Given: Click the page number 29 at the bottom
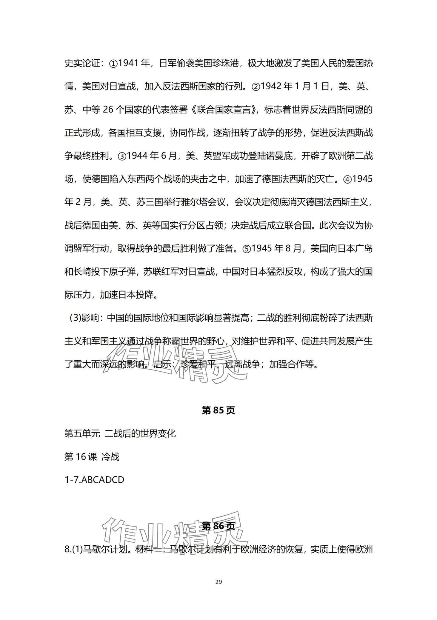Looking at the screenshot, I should point(219,582).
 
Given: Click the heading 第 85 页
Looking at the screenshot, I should point(219,410).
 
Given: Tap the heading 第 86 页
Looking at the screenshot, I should point(219,526).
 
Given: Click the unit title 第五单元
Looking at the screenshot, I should point(82,433).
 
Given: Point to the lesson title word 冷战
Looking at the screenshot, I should point(110,457).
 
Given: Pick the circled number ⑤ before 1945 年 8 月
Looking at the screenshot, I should point(247,249).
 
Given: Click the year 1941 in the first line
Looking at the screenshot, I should point(129,64).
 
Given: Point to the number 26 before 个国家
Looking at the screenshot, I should point(108,110).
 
